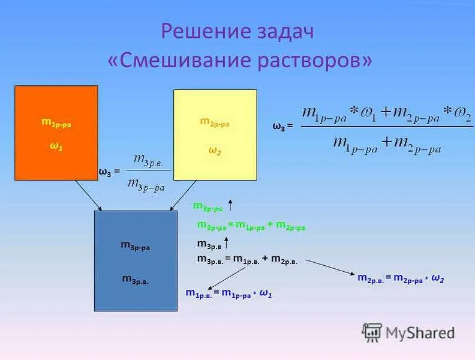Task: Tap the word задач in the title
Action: (283, 32)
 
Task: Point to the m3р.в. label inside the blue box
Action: (136, 278)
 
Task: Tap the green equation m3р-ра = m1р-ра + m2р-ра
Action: (251, 226)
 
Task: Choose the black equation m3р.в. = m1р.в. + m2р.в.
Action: (251, 259)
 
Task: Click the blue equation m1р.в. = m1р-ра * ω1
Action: (229, 293)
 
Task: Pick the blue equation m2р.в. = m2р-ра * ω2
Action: (401, 278)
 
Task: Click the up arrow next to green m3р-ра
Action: (231, 206)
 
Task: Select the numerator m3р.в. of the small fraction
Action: (152, 160)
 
